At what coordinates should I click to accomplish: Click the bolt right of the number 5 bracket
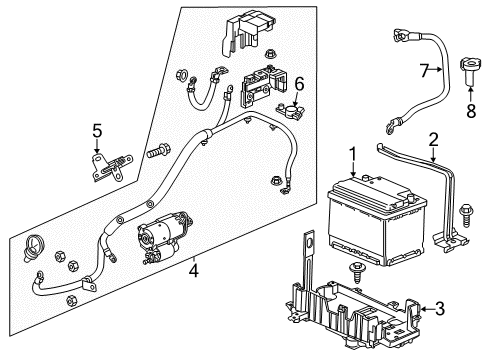155,154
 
